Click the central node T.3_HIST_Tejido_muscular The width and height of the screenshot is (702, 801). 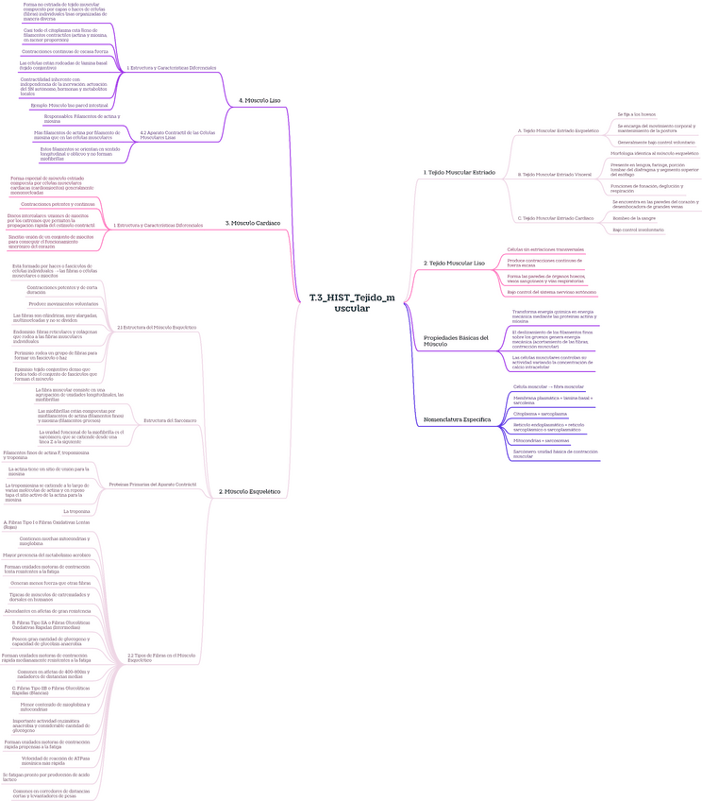351,302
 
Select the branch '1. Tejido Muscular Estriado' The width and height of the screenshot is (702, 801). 460,173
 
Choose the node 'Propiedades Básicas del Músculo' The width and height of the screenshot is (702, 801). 456,341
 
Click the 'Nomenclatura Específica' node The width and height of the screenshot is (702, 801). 458,418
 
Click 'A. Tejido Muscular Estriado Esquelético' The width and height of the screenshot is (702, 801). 559,130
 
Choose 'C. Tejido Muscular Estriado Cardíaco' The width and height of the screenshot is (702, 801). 556,218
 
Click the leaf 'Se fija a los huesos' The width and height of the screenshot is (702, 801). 636,113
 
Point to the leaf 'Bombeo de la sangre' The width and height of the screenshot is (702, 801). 633,217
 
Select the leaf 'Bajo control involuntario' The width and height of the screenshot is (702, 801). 638,230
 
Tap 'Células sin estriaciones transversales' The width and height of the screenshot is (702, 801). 545,249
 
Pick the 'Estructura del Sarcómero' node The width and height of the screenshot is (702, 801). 170,419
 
